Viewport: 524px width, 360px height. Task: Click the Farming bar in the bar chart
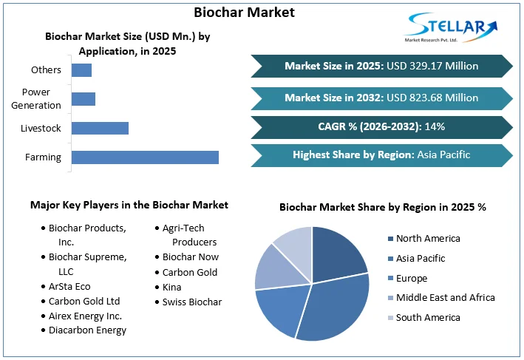point(145,157)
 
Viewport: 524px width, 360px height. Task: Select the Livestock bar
point(100,128)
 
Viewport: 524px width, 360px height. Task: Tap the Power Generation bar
point(84,99)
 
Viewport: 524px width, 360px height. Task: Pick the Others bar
point(81,70)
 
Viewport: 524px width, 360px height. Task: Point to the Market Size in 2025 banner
point(381,66)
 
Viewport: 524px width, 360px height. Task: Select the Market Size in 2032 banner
point(381,97)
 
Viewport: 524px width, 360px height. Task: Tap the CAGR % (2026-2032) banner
point(381,126)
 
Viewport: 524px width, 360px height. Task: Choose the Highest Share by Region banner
point(381,155)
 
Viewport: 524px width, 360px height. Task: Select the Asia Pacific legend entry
point(421,258)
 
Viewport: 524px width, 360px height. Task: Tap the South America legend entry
point(427,317)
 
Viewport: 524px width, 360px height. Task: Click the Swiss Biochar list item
point(192,302)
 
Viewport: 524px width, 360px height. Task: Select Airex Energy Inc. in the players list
point(85,316)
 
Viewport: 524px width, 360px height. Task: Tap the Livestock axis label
point(41,129)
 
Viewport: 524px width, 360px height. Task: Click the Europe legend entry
point(411,278)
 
